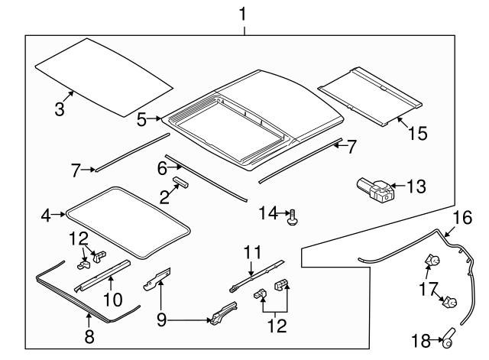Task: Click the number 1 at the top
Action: pos(243,13)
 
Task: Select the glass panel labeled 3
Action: pos(103,74)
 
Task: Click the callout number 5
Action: pos(142,119)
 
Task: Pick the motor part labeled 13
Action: pos(374,188)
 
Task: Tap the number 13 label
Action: pos(416,186)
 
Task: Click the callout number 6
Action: pos(163,167)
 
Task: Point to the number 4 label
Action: pos(45,216)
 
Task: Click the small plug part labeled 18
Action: pos(452,335)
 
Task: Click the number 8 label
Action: pos(89,336)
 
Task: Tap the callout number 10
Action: pos(112,299)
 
